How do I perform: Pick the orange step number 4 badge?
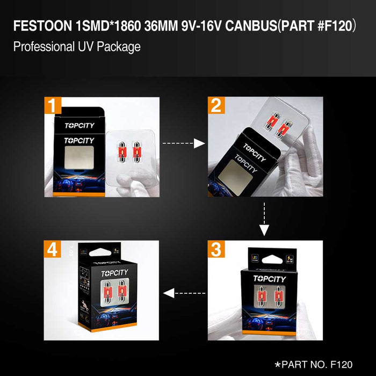pos(54,250)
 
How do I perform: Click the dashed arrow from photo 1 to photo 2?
pos(184,143)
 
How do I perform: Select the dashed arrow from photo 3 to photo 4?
pos(184,293)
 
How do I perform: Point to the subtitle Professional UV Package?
pos(77,46)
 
